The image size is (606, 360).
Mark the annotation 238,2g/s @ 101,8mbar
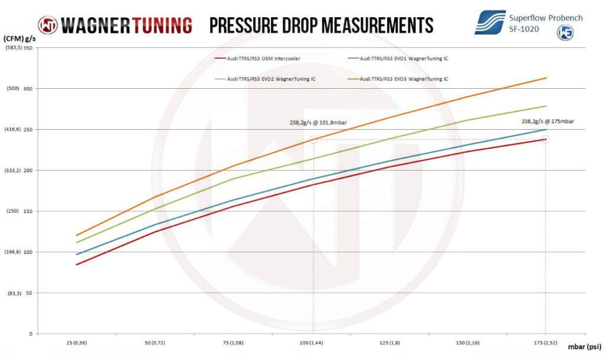click(315, 123)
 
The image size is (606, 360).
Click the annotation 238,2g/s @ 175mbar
click(547, 121)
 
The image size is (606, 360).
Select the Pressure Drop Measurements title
click(321, 25)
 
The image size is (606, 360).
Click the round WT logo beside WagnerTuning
click(47, 25)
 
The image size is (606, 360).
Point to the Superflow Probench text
click(546, 18)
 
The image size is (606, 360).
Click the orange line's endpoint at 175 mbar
click(546, 78)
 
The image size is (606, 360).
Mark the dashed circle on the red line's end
click(546, 139)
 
